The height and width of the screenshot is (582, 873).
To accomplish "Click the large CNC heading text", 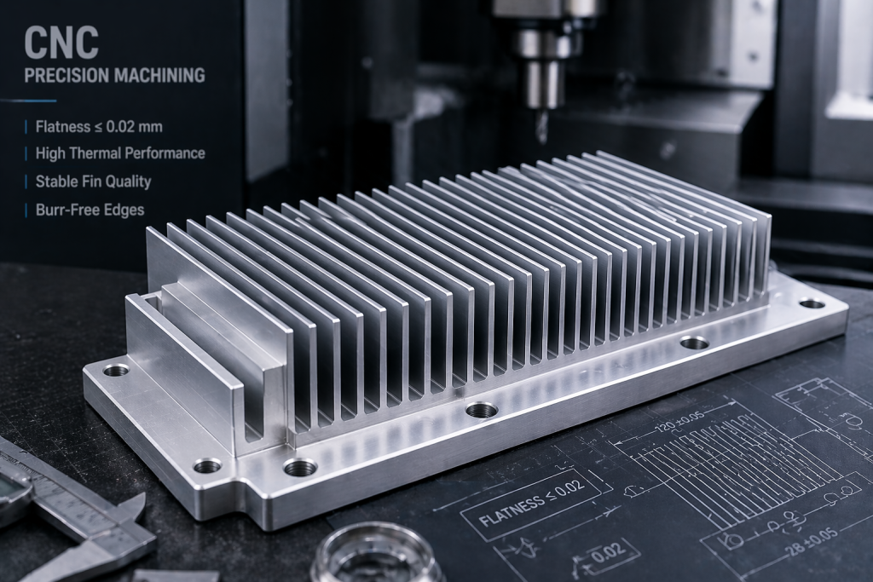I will pyautogui.click(x=61, y=43).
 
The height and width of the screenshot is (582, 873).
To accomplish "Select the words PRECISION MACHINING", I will pyautogui.click(x=114, y=75).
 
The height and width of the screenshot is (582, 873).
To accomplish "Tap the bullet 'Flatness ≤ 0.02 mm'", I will pyautogui.click(x=98, y=127).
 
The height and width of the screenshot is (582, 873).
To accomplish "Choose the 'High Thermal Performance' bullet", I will pyautogui.click(x=119, y=153).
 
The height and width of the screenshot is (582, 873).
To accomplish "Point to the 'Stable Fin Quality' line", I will pyautogui.click(x=93, y=181).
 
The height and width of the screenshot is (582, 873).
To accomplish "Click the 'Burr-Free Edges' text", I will pyautogui.click(x=90, y=209).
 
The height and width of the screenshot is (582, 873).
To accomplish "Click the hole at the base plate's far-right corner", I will pyautogui.click(x=812, y=303).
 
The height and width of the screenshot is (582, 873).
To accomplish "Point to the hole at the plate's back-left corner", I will pyautogui.click(x=116, y=370).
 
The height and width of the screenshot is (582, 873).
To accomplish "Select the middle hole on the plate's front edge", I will pyautogui.click(x=482, y=410).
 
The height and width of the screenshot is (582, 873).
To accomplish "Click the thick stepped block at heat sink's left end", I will pyautogui.click(x=205, y=358).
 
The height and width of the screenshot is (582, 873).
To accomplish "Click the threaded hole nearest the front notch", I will pyautogui.click(x=300, y=467).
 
